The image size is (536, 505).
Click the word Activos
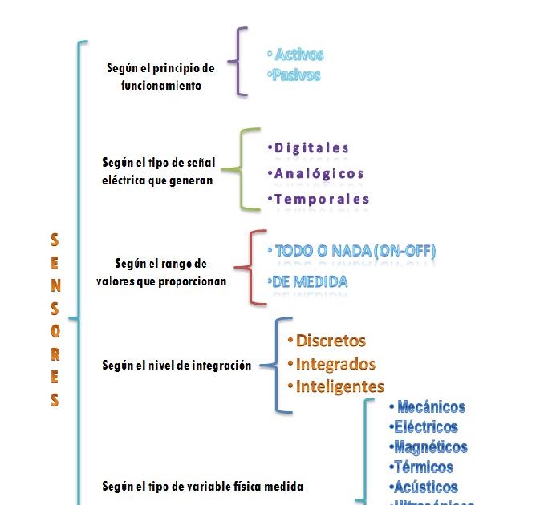pos(298,55)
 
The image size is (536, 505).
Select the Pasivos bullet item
pos(296,75)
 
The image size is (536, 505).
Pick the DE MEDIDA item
pos(310,281)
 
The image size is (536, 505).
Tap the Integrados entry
pos(335,363)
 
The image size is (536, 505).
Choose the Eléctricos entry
pos(426,427)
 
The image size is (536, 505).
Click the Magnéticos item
pos(430,446)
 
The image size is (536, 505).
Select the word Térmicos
pos(423,467)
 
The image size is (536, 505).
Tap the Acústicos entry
pos(426,487)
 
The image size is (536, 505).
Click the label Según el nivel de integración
pos(177,366)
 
